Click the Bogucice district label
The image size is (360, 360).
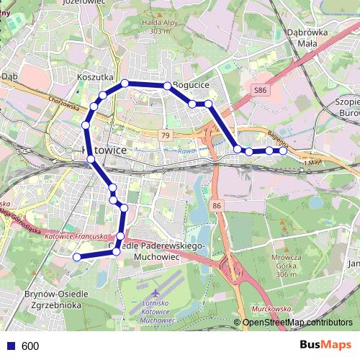pos(191,85)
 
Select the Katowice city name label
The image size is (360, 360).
pos(100,150)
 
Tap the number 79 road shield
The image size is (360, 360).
pos(166,135)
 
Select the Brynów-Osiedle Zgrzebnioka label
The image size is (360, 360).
pos(56,299)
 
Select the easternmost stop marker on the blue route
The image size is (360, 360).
pos(284,150)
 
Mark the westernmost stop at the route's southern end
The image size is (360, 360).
pos(77,256)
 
